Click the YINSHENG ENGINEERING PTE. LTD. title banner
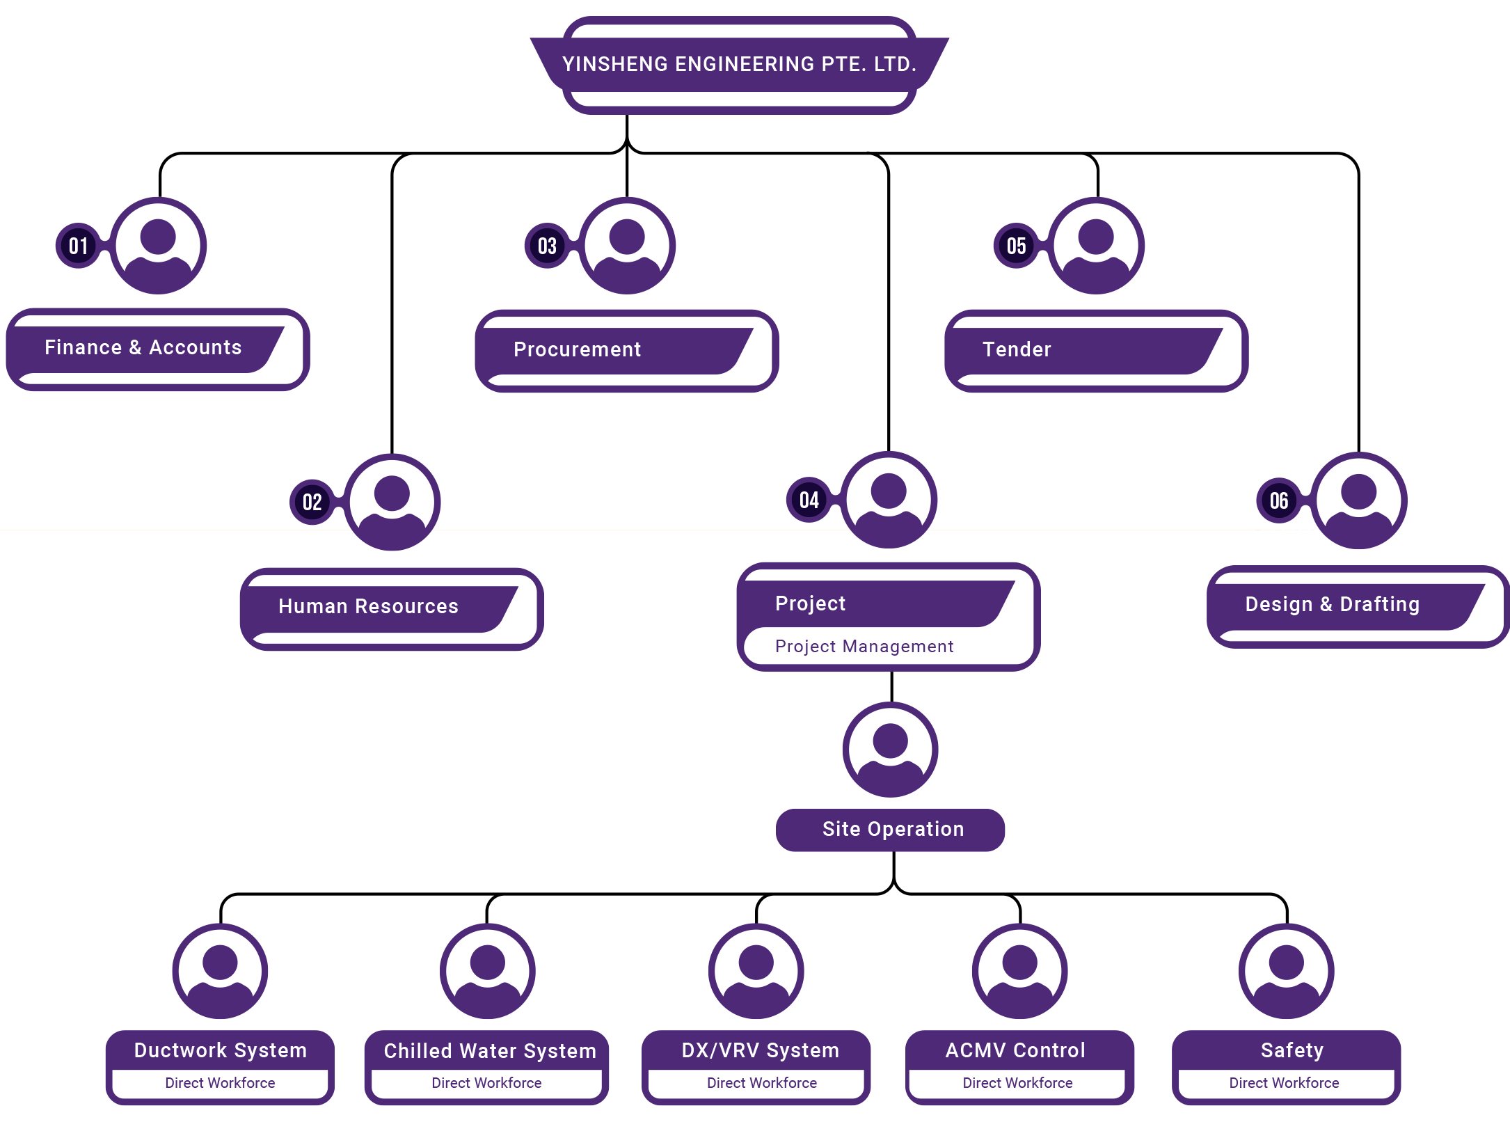[x=739, y=64]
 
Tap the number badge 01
[x=78, y=246]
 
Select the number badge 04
[x=809, y=500]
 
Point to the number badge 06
[x=1278, y=500]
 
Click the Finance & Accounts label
[x=143, y=347]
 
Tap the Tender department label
[x=1017, y=349]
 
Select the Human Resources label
[x=368, y=606]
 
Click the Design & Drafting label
[x=1332, y=604]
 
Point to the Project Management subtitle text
[x=864, y=647]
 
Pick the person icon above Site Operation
[x=891, y=750]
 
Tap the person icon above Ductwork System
[x=221, y=971]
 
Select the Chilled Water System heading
[x=489, y=1051]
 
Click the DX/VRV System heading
[x=760, y=1050]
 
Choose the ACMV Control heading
[x=1015, y=1050]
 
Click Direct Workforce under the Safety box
[x=1284, y=1083]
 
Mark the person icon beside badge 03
[x=627, y=246]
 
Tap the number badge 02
[x=312, y=502]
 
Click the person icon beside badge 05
[x=1096, y=246]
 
